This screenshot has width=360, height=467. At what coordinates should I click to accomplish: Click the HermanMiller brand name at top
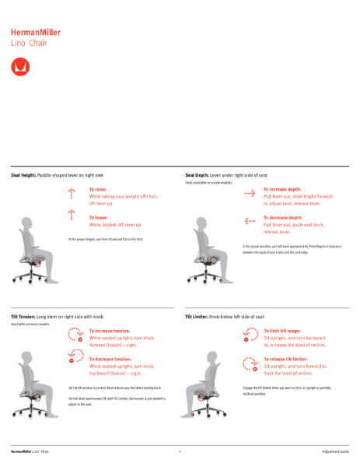[35, 33]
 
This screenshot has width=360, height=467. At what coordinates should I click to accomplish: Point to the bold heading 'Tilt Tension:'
[23, 317]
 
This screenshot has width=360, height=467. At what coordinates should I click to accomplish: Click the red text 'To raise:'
[98, 189]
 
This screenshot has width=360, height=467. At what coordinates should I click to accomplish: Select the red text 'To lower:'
[99, 217]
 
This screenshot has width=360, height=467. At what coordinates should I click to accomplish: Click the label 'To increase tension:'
[110, 331]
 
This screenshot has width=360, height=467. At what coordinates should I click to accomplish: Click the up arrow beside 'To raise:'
[72, 191]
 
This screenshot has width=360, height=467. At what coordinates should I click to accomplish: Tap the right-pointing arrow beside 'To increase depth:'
[250, 191]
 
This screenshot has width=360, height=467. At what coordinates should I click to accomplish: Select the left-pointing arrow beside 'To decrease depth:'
[250, 221]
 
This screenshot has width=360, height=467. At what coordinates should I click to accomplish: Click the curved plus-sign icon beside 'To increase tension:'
[75, 335]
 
